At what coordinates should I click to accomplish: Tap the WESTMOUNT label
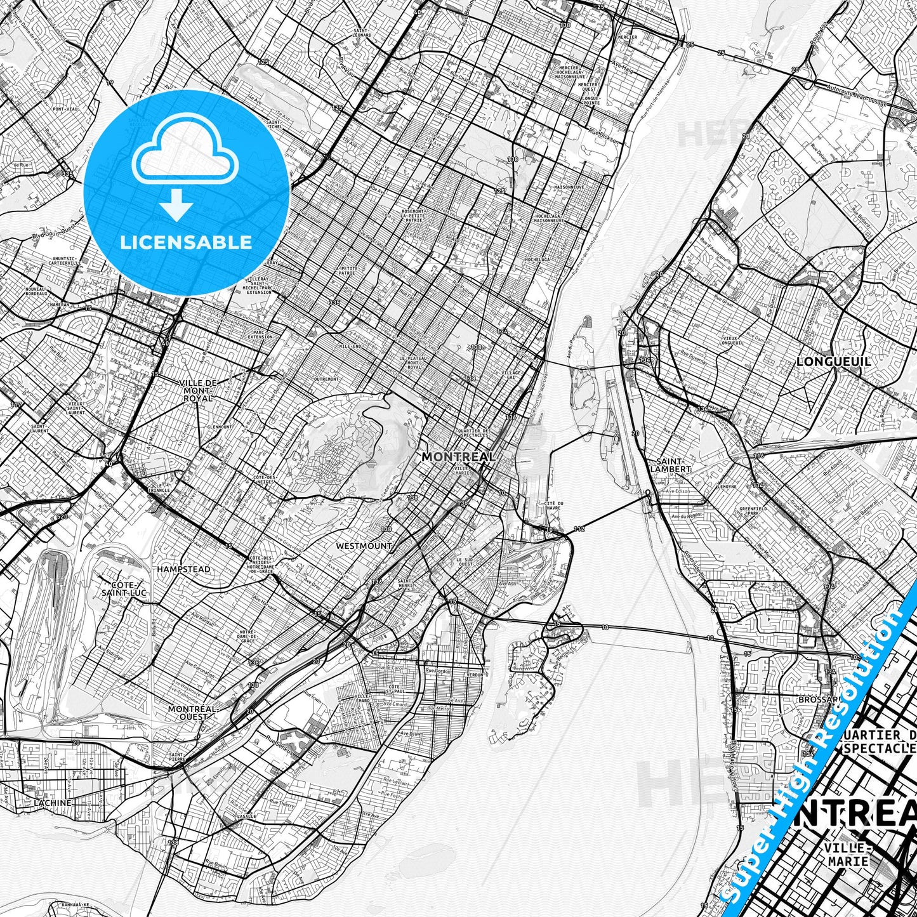click(364, 546)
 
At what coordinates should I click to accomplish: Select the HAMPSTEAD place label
click(184, 569)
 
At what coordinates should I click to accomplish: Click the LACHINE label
click(53, 803)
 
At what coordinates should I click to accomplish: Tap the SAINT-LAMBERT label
click(673, 465)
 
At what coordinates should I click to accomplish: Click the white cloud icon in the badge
click(185, 156)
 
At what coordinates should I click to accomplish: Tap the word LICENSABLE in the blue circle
click(186, 242)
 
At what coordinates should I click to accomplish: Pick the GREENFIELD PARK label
click(753, 511)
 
